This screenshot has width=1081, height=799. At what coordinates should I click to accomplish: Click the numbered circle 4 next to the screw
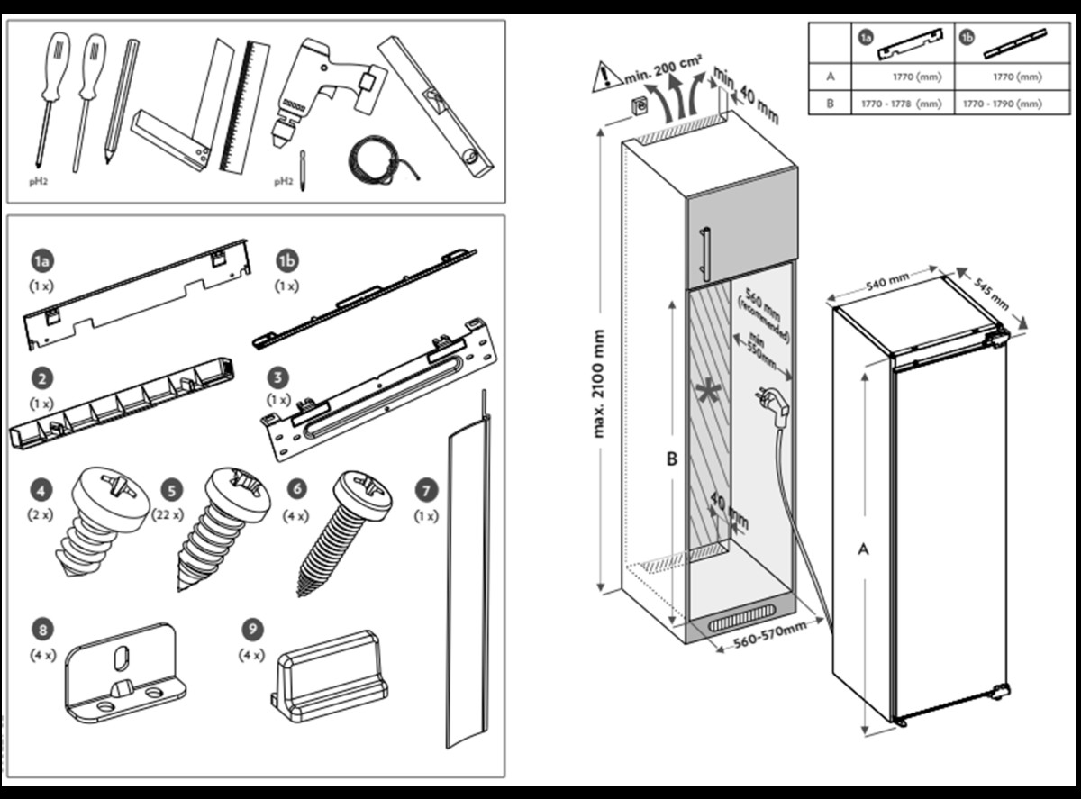tap(40, 491)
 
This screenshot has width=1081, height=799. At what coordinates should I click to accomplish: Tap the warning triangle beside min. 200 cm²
tap(604, 77)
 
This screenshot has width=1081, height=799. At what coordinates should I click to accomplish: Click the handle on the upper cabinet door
tap(706, 255)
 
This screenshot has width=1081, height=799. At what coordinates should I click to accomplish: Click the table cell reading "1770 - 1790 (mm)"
tap(1002, 104)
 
